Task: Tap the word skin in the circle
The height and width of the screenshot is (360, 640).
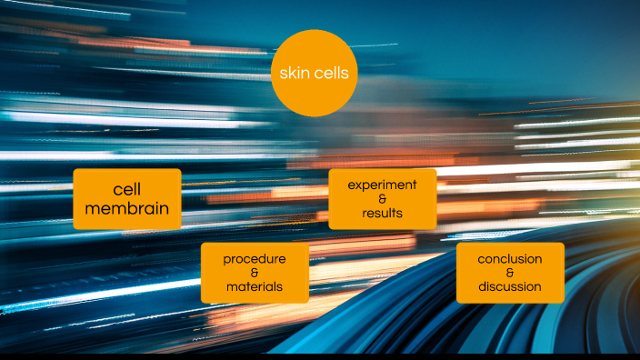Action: (294, 74)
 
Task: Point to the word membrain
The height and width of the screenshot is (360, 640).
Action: (127, 208)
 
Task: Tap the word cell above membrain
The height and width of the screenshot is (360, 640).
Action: (127, 190)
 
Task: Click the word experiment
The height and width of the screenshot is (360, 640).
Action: (382, 185)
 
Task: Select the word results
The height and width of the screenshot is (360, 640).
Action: (382, 214)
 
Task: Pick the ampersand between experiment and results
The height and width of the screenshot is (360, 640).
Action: (382, 199)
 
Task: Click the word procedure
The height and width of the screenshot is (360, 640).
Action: (255, 258)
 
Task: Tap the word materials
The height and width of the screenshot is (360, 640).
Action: (255, 287)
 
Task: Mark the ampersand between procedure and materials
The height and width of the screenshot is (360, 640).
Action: (255, 273)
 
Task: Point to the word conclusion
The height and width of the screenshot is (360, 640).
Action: (510, 258)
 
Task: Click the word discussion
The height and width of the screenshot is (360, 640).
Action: (510, 287)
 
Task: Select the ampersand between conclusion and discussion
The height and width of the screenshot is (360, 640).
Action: (510, 273)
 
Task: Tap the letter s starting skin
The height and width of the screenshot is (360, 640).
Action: (282, 74)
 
